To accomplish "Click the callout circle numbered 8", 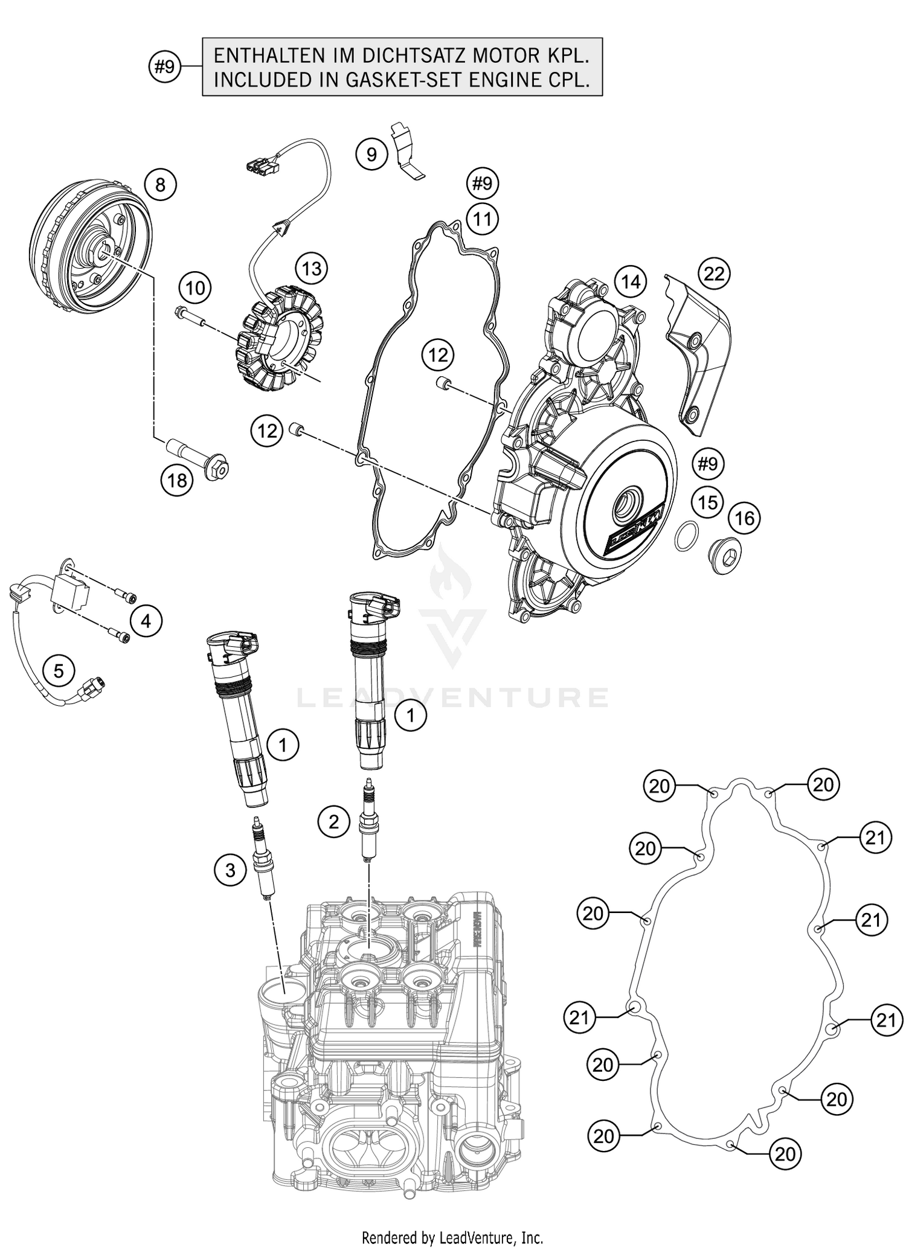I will pos(160,184).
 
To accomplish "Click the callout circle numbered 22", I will pos(714,274).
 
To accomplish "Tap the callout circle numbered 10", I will pos(195,288).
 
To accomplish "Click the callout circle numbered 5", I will pos(59,670).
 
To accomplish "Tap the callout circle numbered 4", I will pos(147,620).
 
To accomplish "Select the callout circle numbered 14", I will pos(631,281).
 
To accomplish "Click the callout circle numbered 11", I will pos(482,219).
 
